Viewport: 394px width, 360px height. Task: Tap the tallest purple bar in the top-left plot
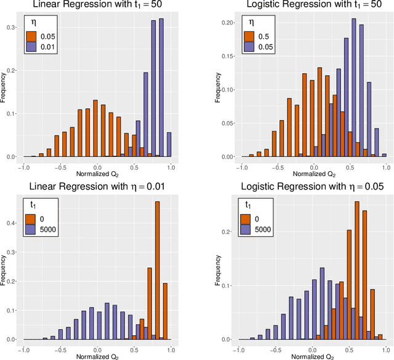coord(162,88)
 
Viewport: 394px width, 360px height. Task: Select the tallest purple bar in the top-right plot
coord(353,88)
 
